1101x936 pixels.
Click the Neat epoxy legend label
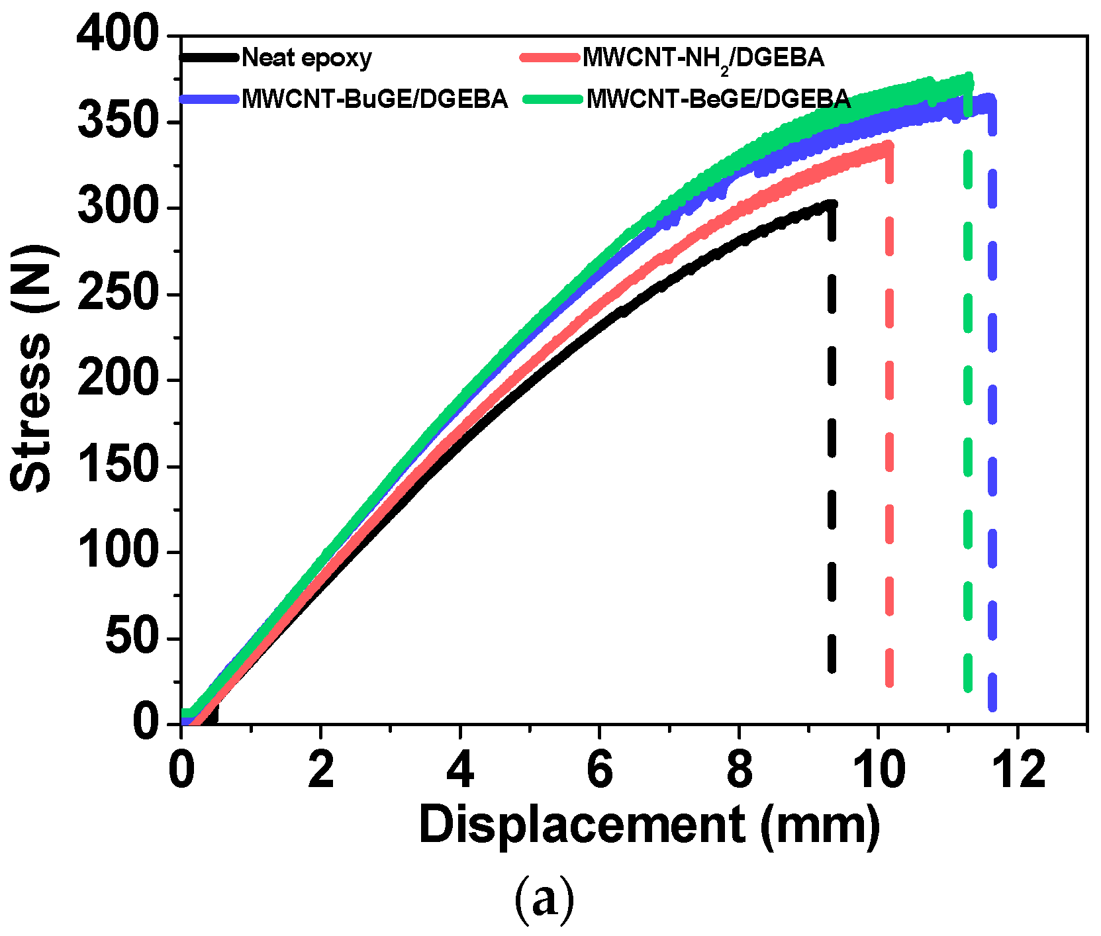[307, 58]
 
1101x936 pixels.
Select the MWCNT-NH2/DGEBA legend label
[703, 58]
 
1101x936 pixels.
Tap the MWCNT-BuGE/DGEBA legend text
[375, 99]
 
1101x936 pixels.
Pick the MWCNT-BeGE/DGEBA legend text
[718, 99]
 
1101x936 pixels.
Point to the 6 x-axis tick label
[599, 771]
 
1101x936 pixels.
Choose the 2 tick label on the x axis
[320, 771]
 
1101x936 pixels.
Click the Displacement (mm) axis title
[649, 825]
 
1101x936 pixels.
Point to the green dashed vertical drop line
[968, 463]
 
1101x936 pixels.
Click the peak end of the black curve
[831, 205]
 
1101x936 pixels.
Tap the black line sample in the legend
[209, 58]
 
